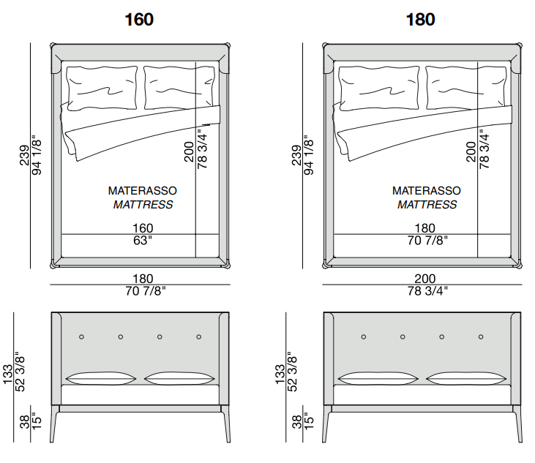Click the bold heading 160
point(139,19)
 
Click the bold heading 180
point(420,19)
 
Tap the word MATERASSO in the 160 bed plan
point(143,190)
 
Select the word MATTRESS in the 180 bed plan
point(427,205)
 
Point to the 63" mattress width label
point(143,241)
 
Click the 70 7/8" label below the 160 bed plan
point(143,291)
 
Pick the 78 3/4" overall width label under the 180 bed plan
point(424,291)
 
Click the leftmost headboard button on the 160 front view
point(81,337)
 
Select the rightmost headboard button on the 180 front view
point(482,337)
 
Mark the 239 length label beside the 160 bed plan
point(24,156)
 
